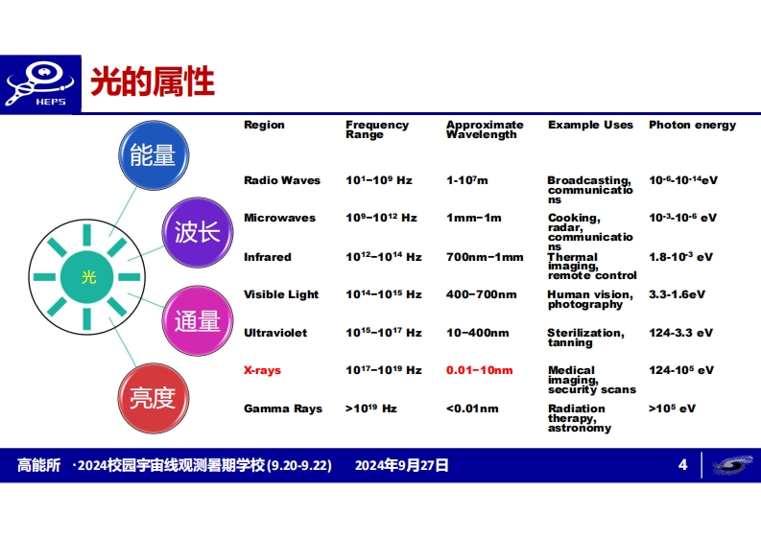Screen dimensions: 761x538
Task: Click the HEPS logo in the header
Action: [x=40, y=84]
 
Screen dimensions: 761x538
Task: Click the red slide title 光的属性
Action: [x=153, y=82]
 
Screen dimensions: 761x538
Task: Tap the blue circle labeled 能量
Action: [x=154, y=155]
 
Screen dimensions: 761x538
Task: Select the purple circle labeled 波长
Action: [x=198, y=232]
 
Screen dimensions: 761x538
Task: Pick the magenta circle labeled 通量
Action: [x=198, y=320]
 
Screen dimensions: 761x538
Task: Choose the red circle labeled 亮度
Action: [x=154, y=398]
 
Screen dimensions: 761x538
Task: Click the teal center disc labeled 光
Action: [x=87, y=276]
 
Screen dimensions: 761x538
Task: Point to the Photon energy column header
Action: [x=692, y=126]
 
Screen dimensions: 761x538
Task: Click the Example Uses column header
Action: [x=590, y=126]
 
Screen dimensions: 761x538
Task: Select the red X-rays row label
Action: [x=262, y=370]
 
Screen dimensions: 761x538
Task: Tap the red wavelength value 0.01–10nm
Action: [x=480, y=370]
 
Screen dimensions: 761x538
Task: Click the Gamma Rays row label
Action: [x=283, y=409]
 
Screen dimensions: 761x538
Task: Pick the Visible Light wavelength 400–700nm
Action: [x=482, y=294]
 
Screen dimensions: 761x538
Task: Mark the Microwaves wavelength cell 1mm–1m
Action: [x=474, y=218]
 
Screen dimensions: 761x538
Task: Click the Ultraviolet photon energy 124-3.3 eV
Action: [x=681, y=333]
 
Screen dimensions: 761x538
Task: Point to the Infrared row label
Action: [x=268, y=257]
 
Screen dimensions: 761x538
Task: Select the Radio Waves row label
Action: [x=282, y=180]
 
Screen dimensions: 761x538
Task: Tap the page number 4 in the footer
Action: [x=683, y=465]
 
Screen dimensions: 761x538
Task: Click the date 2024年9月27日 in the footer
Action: [x=402, y=465]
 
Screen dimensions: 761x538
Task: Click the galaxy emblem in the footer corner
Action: [x=733, y=465]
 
